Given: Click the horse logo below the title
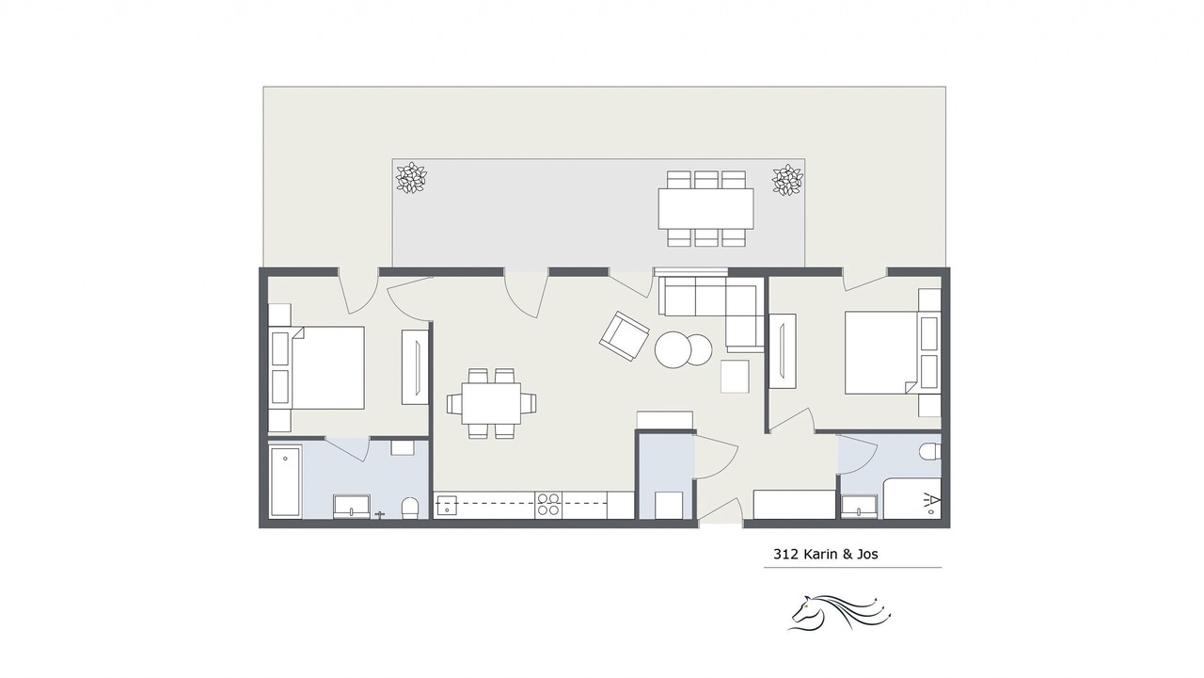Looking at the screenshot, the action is click(x=839, y=612).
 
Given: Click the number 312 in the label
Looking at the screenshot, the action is click(x=785, y=555).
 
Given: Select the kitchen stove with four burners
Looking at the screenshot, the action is click(x=548, y=506).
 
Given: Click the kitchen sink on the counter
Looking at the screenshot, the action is click(x=447, y=506).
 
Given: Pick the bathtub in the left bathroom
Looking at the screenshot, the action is click(x=285, y=480).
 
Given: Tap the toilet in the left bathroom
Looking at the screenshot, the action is click(x=410, y=508).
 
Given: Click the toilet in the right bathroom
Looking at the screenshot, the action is click(x=930, y=451).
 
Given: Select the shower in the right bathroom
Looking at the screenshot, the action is click(x=912, y=498).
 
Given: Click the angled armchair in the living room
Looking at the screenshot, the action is click(x=624, y=336).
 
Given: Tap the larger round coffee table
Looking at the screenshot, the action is click(x=673, y=349).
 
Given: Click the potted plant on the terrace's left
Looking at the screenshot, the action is click(x=411, y=178).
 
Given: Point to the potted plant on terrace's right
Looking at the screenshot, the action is click(x=787, y=180).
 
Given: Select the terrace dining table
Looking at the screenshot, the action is click(x=705, y=209).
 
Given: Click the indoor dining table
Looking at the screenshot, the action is click(x=491, y=403).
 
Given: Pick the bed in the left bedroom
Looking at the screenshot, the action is click(x=317, y=367).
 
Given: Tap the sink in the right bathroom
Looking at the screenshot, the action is click(x=859, y=507).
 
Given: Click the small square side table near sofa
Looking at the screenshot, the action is click(x=735, y=377).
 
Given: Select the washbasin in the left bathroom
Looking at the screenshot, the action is click(x=352, y=507).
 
